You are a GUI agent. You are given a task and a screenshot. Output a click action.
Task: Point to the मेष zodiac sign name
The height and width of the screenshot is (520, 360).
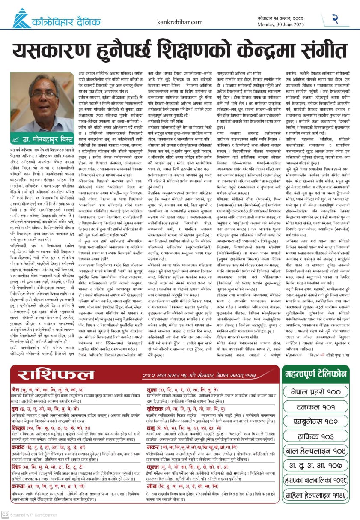[x=16, y=389]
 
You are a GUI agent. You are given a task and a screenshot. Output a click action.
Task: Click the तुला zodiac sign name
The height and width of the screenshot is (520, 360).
[x=153, y=389]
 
